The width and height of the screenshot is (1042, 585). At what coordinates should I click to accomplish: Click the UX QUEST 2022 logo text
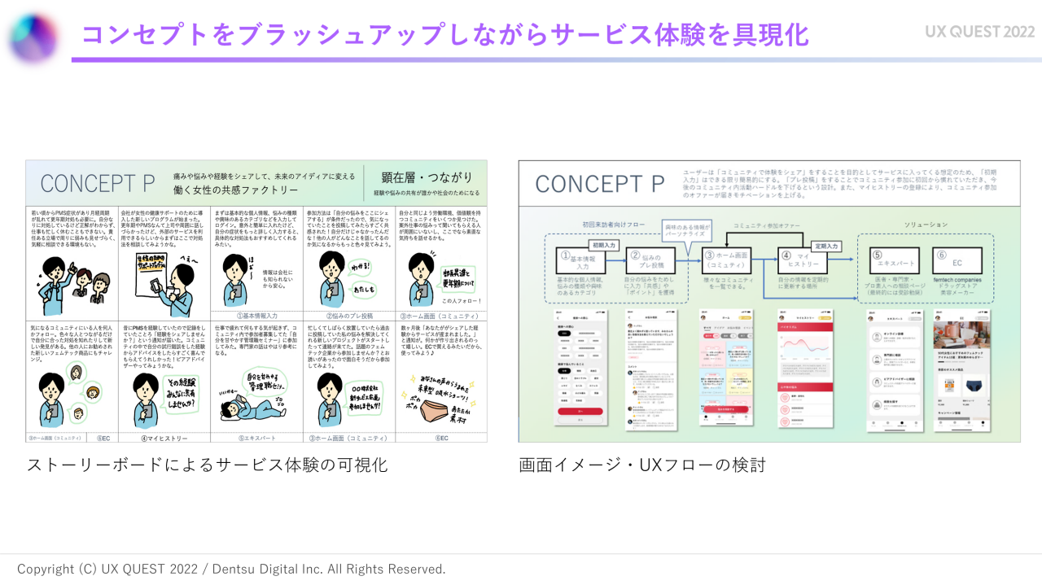pyautogui.click(x=979, y=32)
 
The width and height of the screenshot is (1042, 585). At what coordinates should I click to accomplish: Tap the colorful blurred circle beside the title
pyautogui.click(x=33, y=37)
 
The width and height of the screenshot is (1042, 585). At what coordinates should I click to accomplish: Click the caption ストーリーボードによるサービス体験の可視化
pyautogui.click(x=207, y=465)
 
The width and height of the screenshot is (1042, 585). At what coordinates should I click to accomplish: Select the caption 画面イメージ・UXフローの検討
pyautogui.click(x=642, y=465)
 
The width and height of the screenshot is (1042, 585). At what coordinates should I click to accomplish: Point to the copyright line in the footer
pyautogui.click(x=231, y=569)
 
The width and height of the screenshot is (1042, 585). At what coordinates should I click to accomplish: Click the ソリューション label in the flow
pyautogui.click(x=926, y=225)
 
